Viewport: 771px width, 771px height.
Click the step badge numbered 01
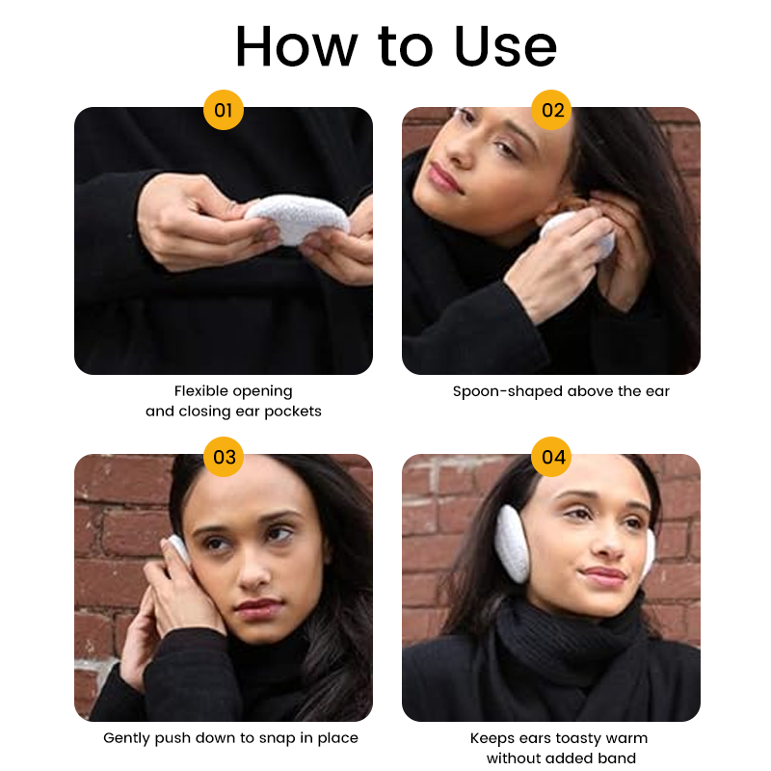[224, 110]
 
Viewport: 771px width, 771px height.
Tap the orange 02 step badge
[552, 110]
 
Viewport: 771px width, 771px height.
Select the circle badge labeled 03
[224, 457]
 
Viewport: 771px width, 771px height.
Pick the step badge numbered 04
[552, 457]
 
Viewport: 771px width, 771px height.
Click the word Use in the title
[504, 46]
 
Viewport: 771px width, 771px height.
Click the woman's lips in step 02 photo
[445, 176]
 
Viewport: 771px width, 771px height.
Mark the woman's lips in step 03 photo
[257, 608]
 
